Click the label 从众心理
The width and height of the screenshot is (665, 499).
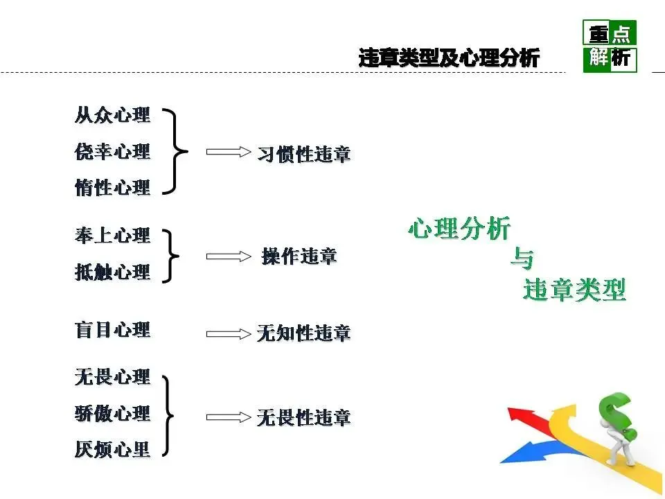112,115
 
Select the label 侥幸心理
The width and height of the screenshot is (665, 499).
112,151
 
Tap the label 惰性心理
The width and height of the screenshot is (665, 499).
112,187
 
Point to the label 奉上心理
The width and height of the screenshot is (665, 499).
112,236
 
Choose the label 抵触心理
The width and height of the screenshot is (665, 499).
112,272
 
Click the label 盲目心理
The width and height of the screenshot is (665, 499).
112,329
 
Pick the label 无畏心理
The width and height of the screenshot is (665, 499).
112,378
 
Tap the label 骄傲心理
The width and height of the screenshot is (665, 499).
112,414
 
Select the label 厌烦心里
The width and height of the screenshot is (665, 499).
112,450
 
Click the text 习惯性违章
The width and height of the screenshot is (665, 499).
304,154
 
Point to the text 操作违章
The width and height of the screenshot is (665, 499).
299,256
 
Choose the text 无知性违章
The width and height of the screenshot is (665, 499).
303,333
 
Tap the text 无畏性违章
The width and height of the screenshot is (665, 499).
303,418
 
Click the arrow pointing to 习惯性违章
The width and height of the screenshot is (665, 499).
228,152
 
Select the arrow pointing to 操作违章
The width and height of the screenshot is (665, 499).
228,256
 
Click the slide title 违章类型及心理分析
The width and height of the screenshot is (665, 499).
449,58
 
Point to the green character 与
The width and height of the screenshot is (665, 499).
522,259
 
